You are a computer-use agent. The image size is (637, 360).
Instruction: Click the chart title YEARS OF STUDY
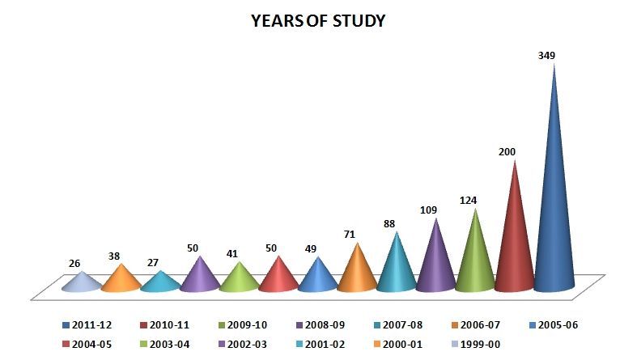click(x=318, y=21)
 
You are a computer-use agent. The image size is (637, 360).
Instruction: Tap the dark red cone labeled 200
click(x=515, y=243)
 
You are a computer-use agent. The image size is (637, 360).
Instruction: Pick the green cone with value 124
click(x=475, y=259)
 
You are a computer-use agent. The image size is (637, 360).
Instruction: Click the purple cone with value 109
click(x=435, y=263)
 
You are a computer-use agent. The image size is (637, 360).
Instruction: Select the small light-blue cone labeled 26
click(x=81, y=283)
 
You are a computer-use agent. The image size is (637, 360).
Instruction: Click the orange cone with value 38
click(x=121, y=280)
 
